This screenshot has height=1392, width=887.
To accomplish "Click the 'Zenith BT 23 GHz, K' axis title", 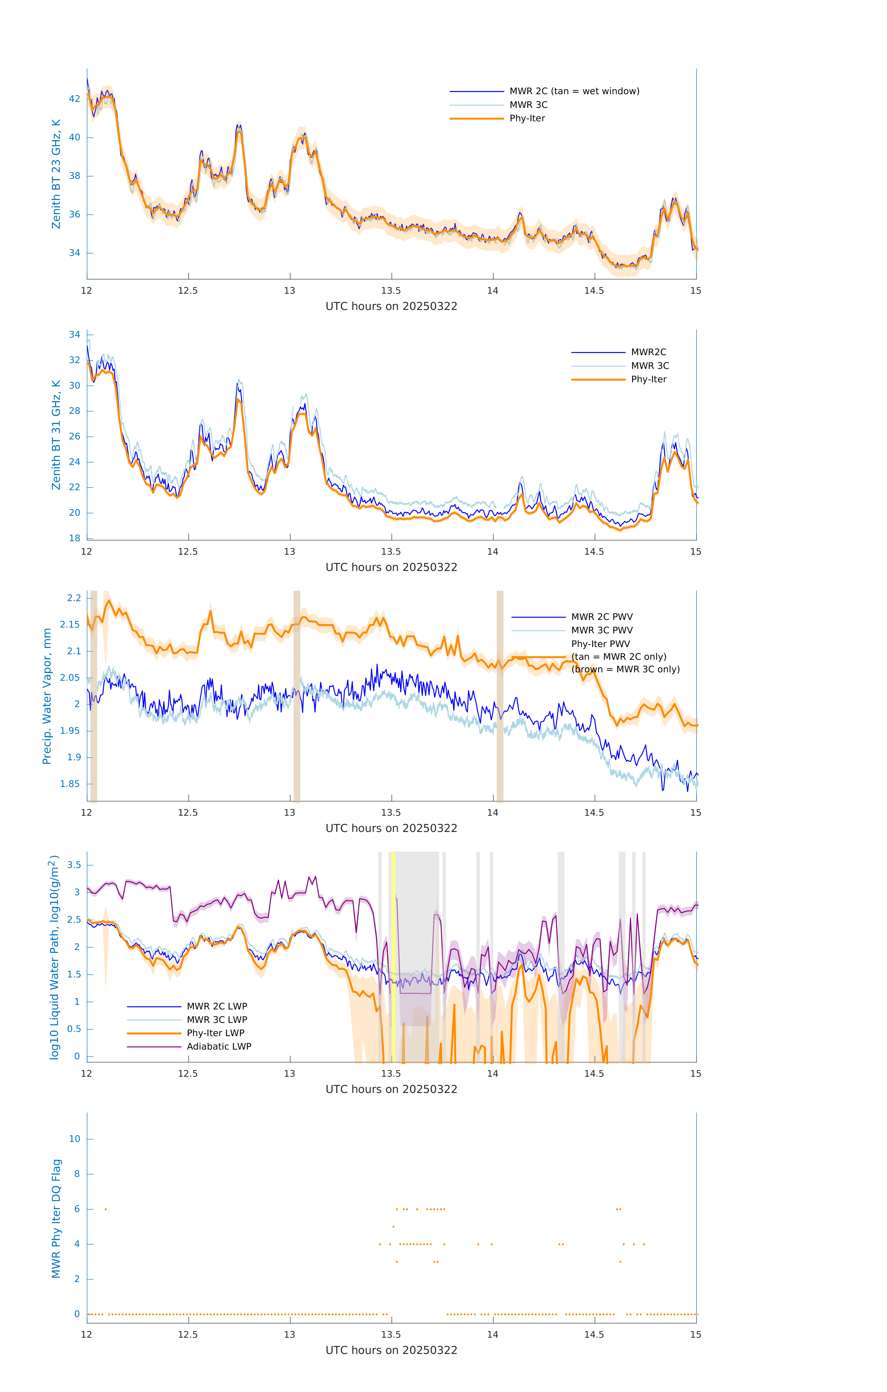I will point(56,174).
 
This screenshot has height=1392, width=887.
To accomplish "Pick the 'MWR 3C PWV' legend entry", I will point(602,630).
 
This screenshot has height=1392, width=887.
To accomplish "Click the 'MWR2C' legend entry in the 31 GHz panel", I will point(648,352).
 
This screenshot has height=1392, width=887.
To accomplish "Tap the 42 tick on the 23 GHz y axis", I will point(74,99).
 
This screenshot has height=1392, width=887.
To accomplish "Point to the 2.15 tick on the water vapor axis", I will point(70,624).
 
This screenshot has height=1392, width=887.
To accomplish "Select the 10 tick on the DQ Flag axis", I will point(74,1139).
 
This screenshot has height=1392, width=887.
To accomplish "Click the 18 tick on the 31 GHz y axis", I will point(74,538).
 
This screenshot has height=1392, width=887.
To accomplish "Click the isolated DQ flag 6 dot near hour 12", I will point(106,1209).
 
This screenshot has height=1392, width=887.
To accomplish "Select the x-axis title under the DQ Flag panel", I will point(391,1350).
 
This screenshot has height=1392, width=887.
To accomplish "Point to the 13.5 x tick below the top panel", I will point(391,291).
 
